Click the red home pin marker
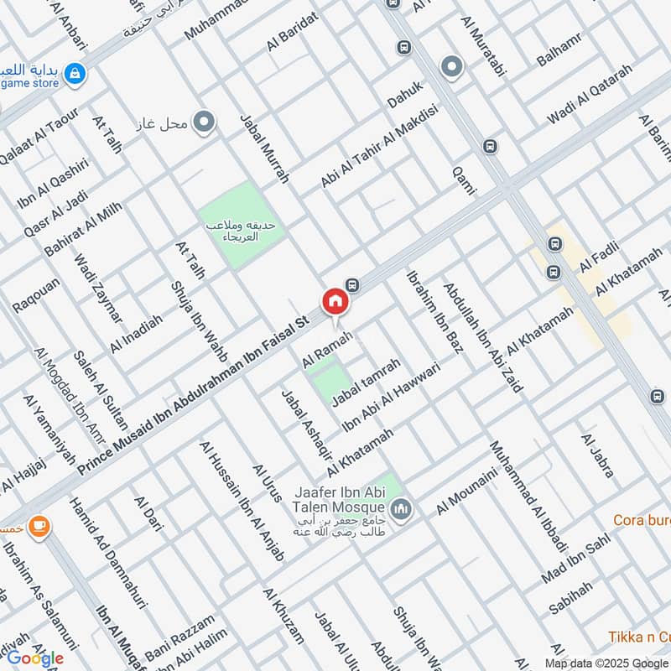click(x=335, y=301)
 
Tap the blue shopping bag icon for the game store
click(x=75, y=73)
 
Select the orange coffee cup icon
click(x=38, y=526)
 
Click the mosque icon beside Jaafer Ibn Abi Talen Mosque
click(x=402, y=508)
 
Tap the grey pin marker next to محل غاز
click(x=203, y=124)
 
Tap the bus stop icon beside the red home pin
click(x=353, y=284)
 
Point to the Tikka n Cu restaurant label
click(x=639, y=637)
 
